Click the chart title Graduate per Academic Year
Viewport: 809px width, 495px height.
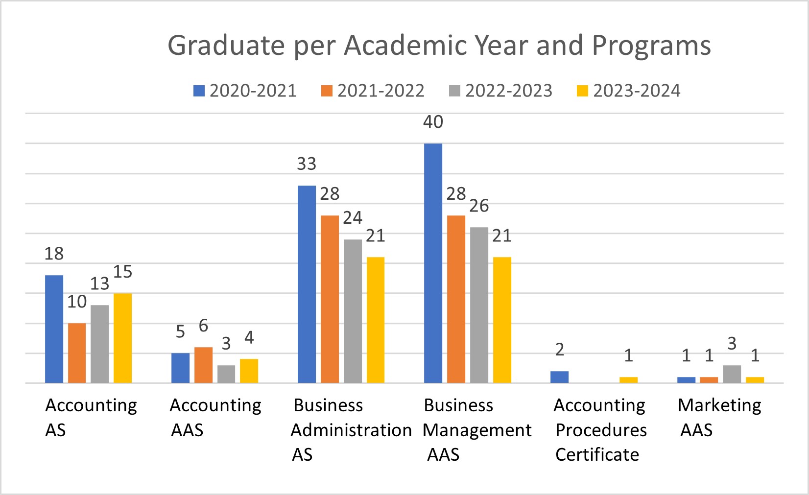(x=439, y=46)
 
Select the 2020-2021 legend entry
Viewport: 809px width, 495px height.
(x=245, y=91)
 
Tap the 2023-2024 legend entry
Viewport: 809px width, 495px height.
(x=628, y=91)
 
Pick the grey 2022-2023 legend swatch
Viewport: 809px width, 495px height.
(x=454, y=91)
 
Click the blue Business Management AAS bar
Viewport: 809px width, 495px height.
(x=433, y=263)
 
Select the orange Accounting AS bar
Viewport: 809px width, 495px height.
(x=77, y=353)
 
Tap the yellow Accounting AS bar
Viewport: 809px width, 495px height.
(x=122, y=338)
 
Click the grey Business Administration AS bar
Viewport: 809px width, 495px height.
(x=353, y=311)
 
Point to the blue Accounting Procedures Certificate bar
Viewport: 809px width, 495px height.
(x=559, y=377)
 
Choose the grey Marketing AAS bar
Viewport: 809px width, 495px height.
(x=732, y=374)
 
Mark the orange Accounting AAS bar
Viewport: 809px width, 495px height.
(x=203, y=365)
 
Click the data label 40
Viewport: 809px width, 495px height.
(x=433, y=122)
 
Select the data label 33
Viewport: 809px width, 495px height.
(x=307, y=164)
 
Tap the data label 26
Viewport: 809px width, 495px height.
(x=479, y=206)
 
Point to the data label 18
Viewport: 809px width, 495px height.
(x=54, y=254)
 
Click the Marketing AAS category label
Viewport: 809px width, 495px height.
(x=719, y=417)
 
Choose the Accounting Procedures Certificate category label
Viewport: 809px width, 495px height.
(x=600, y=430)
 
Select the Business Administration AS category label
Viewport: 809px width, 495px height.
(x=351, y=430)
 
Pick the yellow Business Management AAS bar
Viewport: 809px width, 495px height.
(x=502, y=320)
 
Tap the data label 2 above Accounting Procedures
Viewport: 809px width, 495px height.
(x=559, y=350)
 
